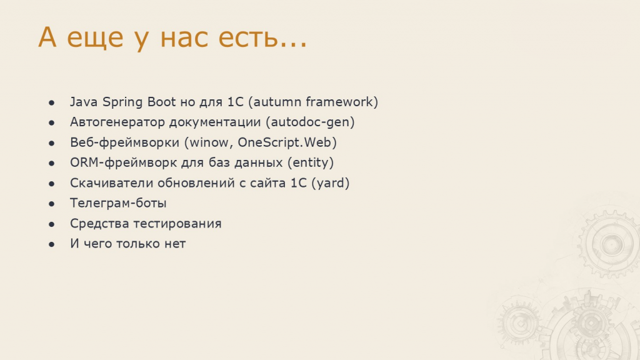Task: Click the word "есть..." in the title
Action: coord(262,37)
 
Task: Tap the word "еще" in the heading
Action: coord(95,38)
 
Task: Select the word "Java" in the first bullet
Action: coord(84,102)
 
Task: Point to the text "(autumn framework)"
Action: coord(316,102)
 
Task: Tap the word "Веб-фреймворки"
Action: coord(124,142)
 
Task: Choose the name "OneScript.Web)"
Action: coord(287,142)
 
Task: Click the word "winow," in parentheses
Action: coord(209,142)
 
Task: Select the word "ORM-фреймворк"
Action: coord(123,162)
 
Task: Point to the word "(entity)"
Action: coord(311,163)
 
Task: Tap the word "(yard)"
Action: coord(330,183)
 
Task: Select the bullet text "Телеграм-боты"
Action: coord(118,203)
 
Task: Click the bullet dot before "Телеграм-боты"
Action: coord(51,204)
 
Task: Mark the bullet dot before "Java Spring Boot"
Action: coord(51,102)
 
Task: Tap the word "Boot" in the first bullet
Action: coord(161,102)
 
